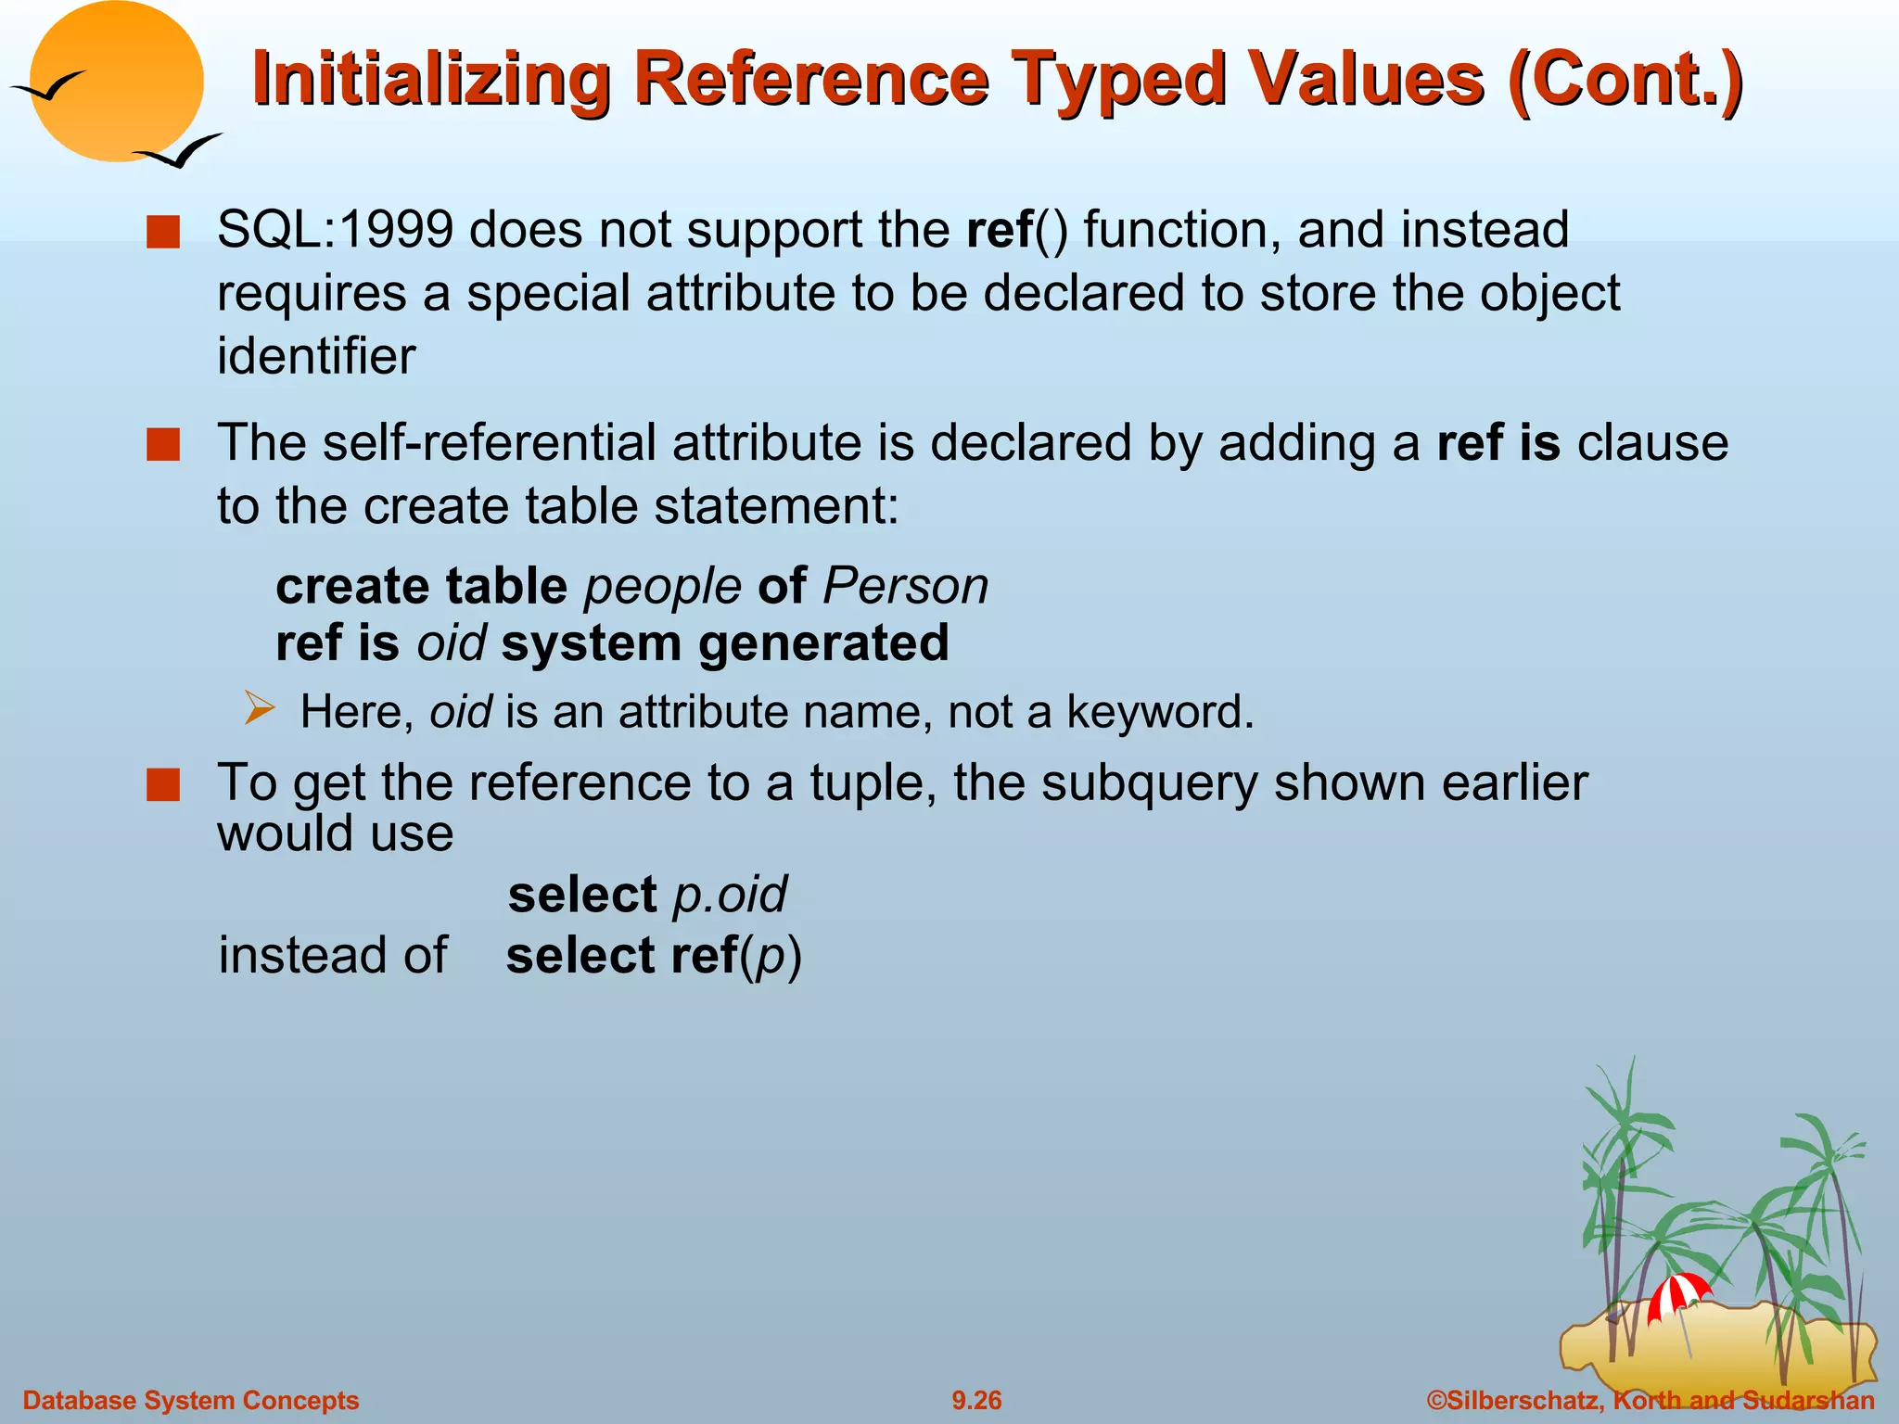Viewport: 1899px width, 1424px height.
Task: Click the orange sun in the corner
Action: coord(116,82)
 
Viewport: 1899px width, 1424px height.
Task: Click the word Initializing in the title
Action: coord(431,80)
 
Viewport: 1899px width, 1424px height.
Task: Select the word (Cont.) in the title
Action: coord(1625,80)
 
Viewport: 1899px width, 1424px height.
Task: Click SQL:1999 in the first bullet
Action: coord(335,229)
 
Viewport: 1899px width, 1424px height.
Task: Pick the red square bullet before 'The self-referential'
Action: coord(163,444)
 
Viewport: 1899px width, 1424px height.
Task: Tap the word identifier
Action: coord(316,356)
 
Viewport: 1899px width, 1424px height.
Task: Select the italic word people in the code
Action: coord(662,587)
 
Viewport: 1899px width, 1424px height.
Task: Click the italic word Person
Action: coord(905,587)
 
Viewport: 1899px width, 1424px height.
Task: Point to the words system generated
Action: coord(724,643)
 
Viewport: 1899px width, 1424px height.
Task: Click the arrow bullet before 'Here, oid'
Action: coord(261,709)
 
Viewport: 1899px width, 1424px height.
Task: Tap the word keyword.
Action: coord(1158,712)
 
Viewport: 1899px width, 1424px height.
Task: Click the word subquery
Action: coord(1149,782)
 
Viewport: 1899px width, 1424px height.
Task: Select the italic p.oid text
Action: coord(730,895)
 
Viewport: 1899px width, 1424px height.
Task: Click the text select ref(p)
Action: coord(653,956)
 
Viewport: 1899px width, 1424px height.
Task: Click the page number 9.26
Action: coord(976,1400)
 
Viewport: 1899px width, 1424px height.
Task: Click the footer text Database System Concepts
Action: coord(190,1400)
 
